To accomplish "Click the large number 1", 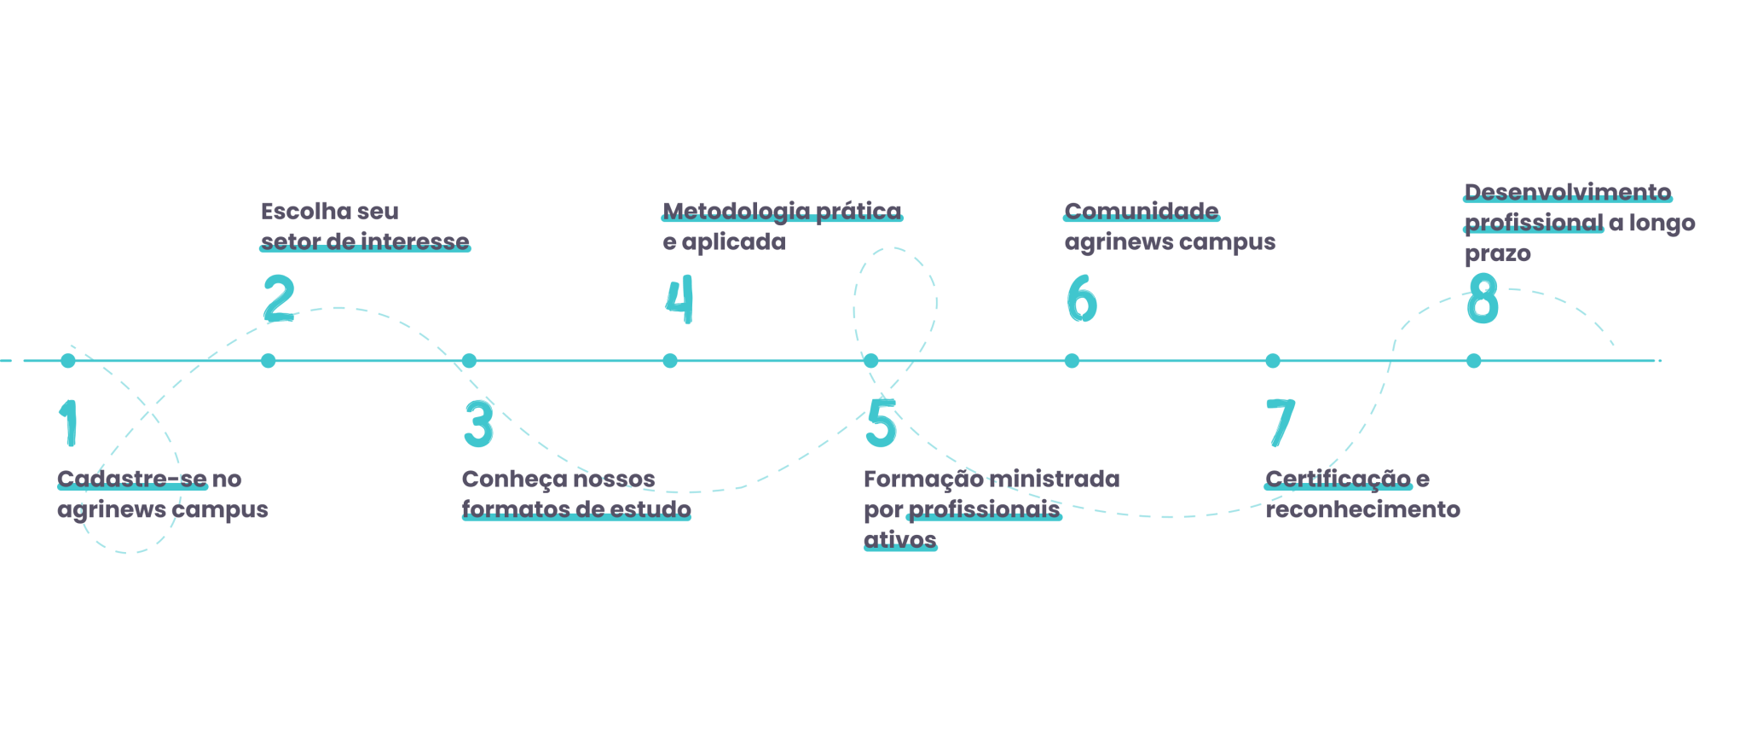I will [69, 422].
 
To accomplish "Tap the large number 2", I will [279, 298].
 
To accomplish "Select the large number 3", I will [479, 423].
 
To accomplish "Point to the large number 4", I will [679, 299].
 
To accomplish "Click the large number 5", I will [882, 423].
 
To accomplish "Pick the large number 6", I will [1082, 299].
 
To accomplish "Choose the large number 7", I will [1281, 422].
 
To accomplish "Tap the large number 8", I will [1483, 299].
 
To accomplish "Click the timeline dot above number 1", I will [68, 361].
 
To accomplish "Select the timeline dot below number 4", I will [670, 361].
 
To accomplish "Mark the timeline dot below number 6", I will [1072, 361].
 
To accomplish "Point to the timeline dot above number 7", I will [1273, 361].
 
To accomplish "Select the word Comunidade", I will [1142, 211].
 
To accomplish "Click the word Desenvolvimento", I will [1568, 192].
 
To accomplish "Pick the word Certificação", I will [1338, 479].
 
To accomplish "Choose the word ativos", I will [900, 539].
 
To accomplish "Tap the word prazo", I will [1498, 253].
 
